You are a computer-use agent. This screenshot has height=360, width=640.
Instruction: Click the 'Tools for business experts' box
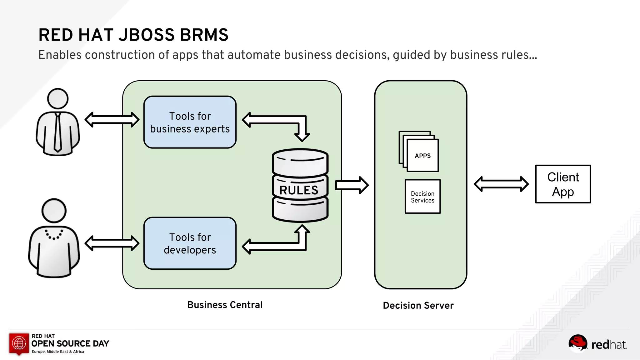(190, 122)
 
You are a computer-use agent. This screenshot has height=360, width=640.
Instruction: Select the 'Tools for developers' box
(190, 243)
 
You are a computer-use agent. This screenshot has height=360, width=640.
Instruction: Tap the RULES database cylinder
(300, 186)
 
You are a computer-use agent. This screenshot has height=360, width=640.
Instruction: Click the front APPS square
(423, 156)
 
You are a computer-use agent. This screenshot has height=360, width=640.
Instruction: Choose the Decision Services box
(422, 197)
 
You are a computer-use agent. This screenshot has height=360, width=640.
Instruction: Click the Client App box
(563, 184)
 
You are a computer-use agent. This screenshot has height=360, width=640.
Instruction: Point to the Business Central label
(225, 305)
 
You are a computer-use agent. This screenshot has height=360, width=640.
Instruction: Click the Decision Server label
(418, 305)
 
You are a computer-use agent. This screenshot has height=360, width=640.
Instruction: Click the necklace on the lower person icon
(54, 235)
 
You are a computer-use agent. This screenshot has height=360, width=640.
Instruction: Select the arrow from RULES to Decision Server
(352, 185)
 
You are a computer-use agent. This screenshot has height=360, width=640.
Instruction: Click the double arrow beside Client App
(501, 184)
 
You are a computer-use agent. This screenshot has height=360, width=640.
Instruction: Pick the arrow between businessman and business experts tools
(112, 120)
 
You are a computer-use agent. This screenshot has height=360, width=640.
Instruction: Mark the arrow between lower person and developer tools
(112, 243)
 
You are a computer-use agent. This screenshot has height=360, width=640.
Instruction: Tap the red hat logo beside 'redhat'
(577, 343)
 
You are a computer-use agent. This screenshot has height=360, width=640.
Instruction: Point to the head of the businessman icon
(58, 99)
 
